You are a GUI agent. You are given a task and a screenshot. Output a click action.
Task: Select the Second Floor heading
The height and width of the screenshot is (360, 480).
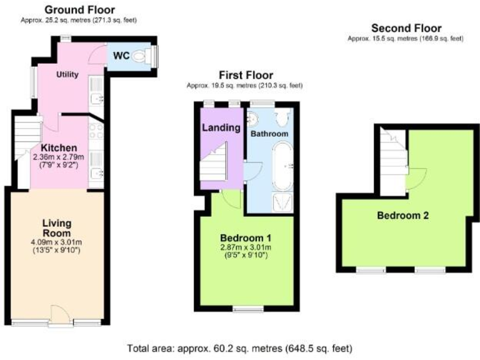(406, 28)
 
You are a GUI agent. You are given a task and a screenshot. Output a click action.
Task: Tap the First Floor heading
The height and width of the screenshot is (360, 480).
(245, 75)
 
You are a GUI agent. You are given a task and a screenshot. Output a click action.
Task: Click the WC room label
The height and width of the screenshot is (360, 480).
(121, 56)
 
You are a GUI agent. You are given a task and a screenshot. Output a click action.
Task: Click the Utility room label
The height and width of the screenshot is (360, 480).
(67, 74)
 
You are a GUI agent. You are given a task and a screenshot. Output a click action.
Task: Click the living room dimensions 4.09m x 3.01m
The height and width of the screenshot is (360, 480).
(57, 242)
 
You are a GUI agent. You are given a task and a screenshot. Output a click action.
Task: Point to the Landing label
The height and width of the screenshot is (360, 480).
(221, 127)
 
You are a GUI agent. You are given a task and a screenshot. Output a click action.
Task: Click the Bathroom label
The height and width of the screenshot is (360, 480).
(269, 134)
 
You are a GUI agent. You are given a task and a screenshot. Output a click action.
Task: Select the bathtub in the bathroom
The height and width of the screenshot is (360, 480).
(282, 166)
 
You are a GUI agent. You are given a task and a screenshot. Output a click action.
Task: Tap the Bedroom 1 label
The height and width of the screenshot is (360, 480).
(246, 238)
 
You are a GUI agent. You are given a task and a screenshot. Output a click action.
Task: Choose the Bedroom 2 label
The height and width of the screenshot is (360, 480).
(402, 216)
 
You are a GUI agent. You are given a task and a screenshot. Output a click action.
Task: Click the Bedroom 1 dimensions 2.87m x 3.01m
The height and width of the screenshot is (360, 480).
(246, 249)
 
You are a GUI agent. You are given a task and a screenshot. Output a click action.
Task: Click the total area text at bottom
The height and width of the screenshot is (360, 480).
(239, 347)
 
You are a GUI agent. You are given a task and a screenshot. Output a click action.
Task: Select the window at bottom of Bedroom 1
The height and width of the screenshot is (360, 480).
(247, 307)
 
